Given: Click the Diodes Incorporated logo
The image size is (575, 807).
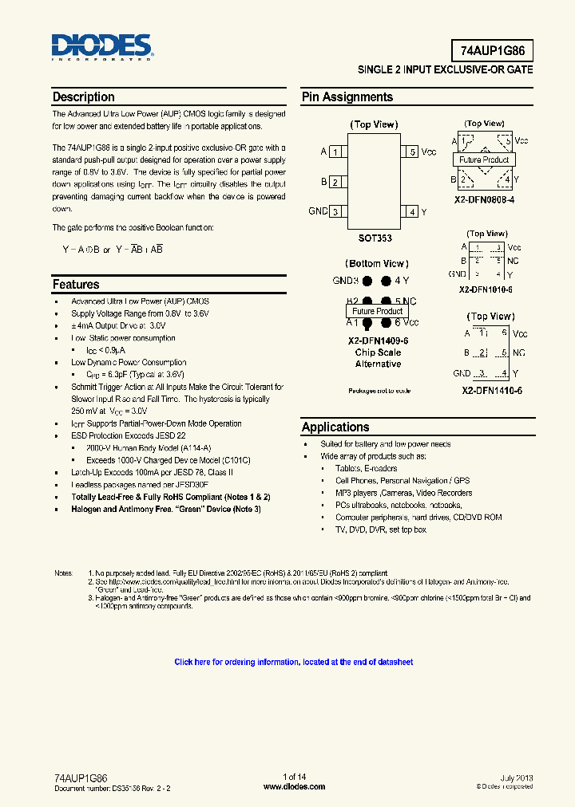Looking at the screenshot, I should click(102, 48).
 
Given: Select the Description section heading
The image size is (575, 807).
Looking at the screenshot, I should click(84, 97).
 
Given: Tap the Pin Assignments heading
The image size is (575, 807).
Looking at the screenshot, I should click(347, 97).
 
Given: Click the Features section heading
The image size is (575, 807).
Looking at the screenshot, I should click(76, 285).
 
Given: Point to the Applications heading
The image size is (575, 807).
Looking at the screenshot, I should click(335, 427).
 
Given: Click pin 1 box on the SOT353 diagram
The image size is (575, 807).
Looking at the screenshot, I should click(336, 152).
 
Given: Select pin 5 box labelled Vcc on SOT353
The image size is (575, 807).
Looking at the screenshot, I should click(411, 152).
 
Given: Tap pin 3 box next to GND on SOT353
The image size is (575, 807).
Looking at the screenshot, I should click(336, 211).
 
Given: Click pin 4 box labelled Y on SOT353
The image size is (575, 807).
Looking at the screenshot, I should click(411, 211).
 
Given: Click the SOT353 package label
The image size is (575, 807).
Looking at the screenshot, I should click(375, 238).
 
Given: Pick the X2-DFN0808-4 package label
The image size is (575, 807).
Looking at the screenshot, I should click(485, 199).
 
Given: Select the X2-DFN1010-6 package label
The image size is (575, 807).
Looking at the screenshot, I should click(486, 289).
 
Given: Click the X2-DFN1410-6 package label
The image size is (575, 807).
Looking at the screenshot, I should click(490, 391).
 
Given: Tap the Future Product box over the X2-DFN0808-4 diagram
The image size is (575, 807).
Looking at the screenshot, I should click(484, 159).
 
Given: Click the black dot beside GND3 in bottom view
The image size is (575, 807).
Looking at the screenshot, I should click(367, 281).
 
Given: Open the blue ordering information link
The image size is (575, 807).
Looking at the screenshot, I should click(294, 662).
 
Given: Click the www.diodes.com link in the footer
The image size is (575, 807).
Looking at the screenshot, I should click(294, 786).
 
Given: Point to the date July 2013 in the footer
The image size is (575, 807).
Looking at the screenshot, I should click(516, 777).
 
